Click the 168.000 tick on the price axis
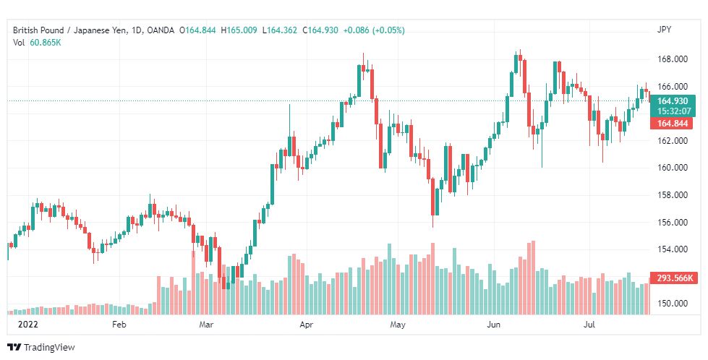point(672,59)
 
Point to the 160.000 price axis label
point(672,168)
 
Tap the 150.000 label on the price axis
point(672,304)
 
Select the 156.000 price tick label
point(672,223)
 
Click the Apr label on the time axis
point(306,325)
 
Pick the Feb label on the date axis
point(119,325)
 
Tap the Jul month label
point(589,325)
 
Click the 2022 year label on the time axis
point(27,325)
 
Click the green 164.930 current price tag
point(672,101)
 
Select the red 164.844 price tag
point(672,124)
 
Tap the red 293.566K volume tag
point(674,278)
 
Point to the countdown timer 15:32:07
point(673,111)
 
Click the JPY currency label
point(664,30)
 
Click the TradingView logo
point(41,348)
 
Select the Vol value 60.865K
point(46,43)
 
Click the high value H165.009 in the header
point(239,30)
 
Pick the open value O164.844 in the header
point(197,30)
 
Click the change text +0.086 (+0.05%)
point(374,30)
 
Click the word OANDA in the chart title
point(161,30)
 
